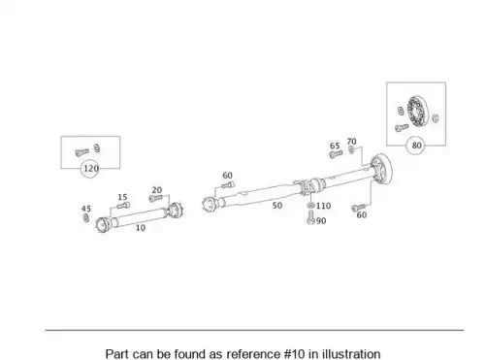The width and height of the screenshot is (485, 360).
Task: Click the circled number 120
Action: coord(91,169)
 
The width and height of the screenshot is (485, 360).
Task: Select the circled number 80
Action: coord(416,146)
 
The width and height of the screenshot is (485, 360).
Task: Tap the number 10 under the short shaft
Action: coord(141,228)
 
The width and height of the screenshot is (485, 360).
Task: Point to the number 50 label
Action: coord(277,206)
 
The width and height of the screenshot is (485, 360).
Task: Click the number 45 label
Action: coord(86,209)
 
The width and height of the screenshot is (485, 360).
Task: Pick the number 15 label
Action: coord(122,197)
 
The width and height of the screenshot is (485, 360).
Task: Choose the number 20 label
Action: coord(157,190)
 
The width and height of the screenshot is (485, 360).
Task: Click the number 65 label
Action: coord(335,146)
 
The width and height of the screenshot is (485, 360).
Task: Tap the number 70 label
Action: coord(351,142)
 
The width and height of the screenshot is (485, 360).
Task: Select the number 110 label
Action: coord(323,206)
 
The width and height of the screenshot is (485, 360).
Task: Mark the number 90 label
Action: coord(321,221)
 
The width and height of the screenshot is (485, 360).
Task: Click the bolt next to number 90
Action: coord(310,217)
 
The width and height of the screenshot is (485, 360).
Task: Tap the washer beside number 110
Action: coord(310,206)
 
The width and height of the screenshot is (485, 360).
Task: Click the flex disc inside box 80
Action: coord(418,111)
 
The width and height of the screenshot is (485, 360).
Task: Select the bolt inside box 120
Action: coord(81,151)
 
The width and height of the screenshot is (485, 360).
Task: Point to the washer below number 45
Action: coord(86,218)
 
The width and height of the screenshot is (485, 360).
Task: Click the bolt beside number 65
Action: coord(336,154)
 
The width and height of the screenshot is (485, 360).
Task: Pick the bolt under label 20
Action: coord(155,198)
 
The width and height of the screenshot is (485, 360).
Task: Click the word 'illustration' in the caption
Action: coord(351,353)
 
